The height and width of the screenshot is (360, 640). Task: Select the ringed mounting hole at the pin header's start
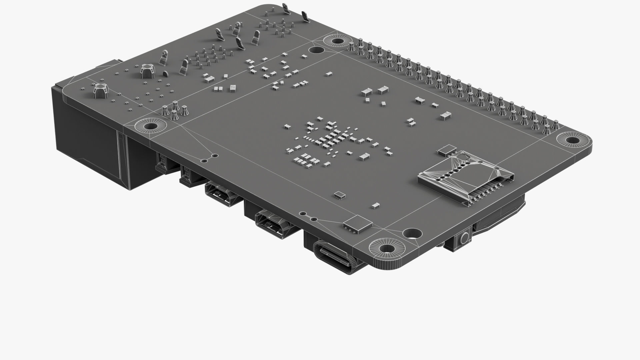click(x=337, y=41)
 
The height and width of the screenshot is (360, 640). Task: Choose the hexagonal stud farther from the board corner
click(x=145, y=71)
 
